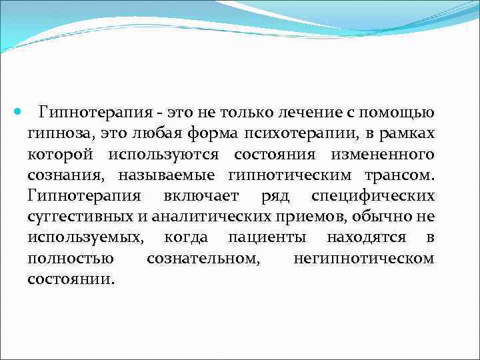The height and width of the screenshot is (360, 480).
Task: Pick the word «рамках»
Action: [x=407, y=134]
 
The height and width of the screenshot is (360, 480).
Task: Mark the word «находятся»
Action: [x=367, y=238]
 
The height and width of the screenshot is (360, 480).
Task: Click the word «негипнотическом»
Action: [x=363, y=259]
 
